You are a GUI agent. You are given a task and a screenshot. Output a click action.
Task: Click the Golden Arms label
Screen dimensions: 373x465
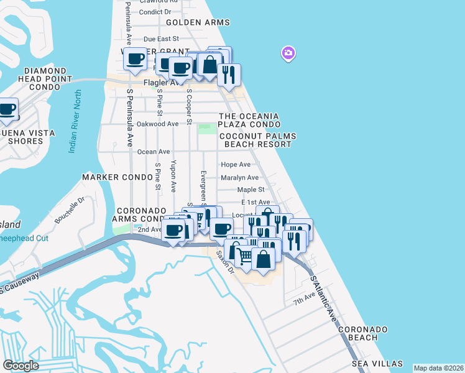[198, 22]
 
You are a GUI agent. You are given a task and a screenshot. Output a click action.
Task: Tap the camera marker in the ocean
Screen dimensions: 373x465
[288, 53]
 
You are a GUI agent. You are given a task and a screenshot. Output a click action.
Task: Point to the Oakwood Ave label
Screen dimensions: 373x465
[157, 124]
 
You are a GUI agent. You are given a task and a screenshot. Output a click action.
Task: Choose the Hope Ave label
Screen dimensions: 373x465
[236, 165]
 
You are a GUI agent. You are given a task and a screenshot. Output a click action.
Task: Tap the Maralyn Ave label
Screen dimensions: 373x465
[239, 178]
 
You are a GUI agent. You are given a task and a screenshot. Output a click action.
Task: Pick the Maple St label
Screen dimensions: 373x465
[251, 190]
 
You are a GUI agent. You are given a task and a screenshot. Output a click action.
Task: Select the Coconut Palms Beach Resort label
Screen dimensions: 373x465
[255, 140]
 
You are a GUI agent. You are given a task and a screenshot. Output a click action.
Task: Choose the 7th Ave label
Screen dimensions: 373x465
[305, 301]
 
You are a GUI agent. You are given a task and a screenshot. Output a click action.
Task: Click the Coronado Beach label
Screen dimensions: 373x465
[366, 333]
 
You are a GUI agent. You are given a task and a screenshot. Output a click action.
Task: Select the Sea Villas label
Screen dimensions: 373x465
[377, 364]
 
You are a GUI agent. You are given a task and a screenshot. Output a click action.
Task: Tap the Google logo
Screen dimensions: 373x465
[21, 365]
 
